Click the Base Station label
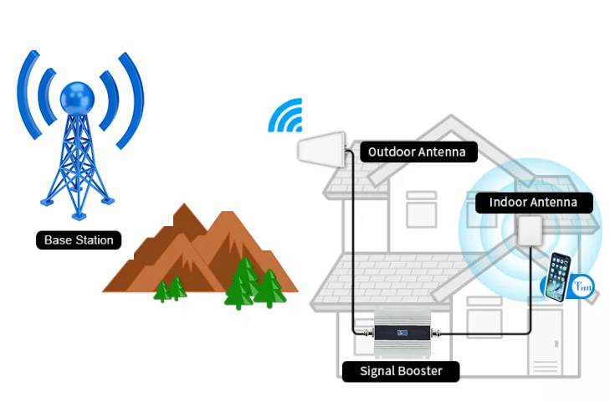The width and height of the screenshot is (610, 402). (79, 240)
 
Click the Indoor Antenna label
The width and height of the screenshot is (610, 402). (533, 202)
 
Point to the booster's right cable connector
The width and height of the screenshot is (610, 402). (438, 333)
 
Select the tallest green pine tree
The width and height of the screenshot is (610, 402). (243, 281)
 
